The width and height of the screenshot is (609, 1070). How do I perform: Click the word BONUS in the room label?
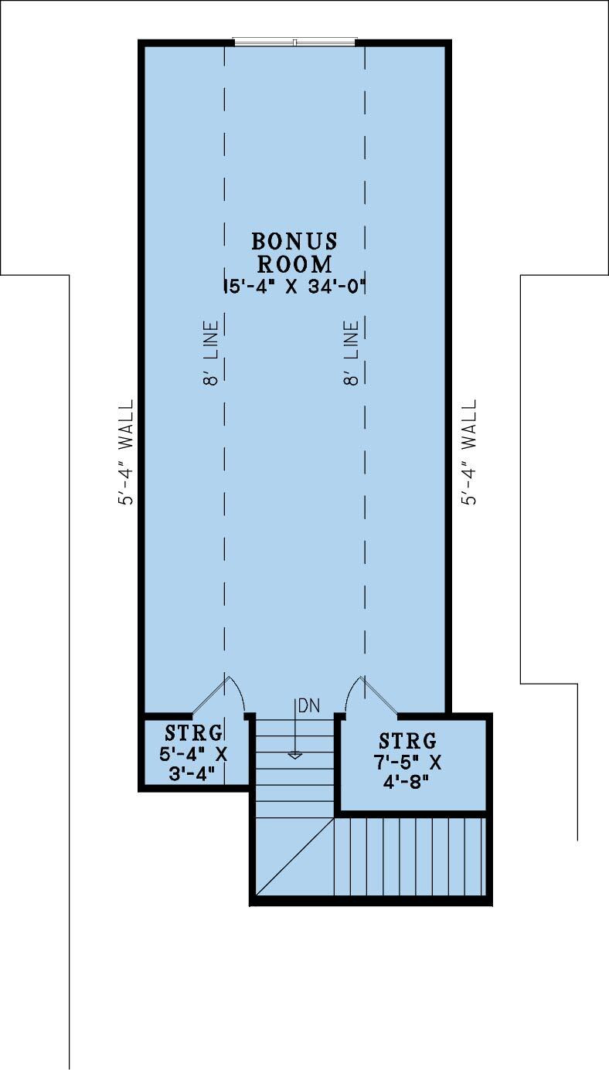pos(294,241)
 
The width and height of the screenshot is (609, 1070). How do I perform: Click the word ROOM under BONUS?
pos(294,263)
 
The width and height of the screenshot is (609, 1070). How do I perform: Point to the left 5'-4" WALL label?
pos(125,452)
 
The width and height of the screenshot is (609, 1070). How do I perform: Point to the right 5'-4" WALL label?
pos(469,452)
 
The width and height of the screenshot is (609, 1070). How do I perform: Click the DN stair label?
pos(308,705)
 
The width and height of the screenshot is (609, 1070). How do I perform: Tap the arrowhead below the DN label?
pos(294,755)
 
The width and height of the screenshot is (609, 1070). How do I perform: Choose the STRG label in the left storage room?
pos(194,732)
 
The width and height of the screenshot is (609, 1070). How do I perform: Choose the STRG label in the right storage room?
pos(409,741)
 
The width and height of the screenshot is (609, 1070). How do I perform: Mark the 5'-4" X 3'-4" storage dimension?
pos(194,763)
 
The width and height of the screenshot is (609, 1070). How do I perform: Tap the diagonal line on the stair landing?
pos(294,858)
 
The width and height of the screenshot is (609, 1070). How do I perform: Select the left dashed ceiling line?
pos(225,502)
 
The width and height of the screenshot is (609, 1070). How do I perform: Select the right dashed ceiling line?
pos(365,502)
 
